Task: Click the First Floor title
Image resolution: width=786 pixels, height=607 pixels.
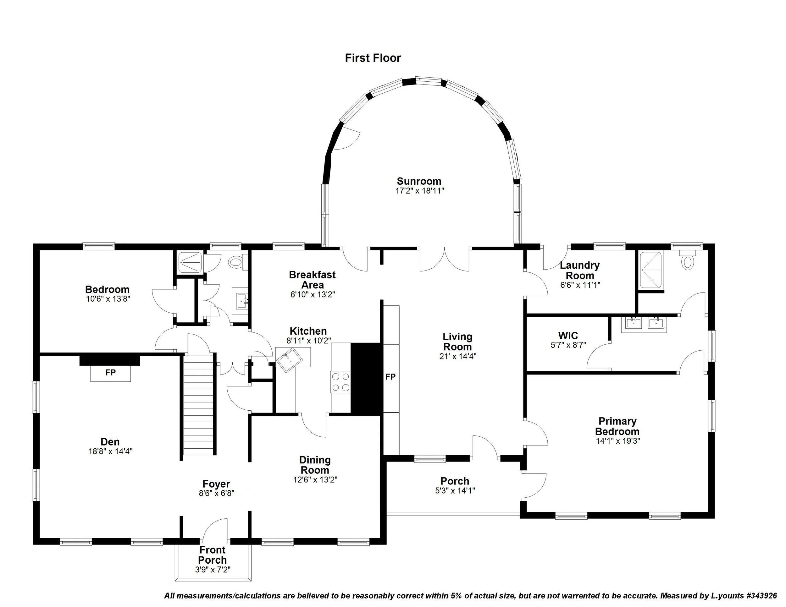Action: pos(373,58)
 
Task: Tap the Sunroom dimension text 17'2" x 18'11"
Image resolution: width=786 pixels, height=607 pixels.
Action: pos(420,191)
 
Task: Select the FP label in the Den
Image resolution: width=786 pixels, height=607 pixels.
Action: pos(110,373)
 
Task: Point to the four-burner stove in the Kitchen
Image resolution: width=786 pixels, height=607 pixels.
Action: pos(340,382)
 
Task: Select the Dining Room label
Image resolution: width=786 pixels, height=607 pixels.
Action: pos(315,465)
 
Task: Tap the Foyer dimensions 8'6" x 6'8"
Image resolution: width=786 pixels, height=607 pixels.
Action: pos(216,493)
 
